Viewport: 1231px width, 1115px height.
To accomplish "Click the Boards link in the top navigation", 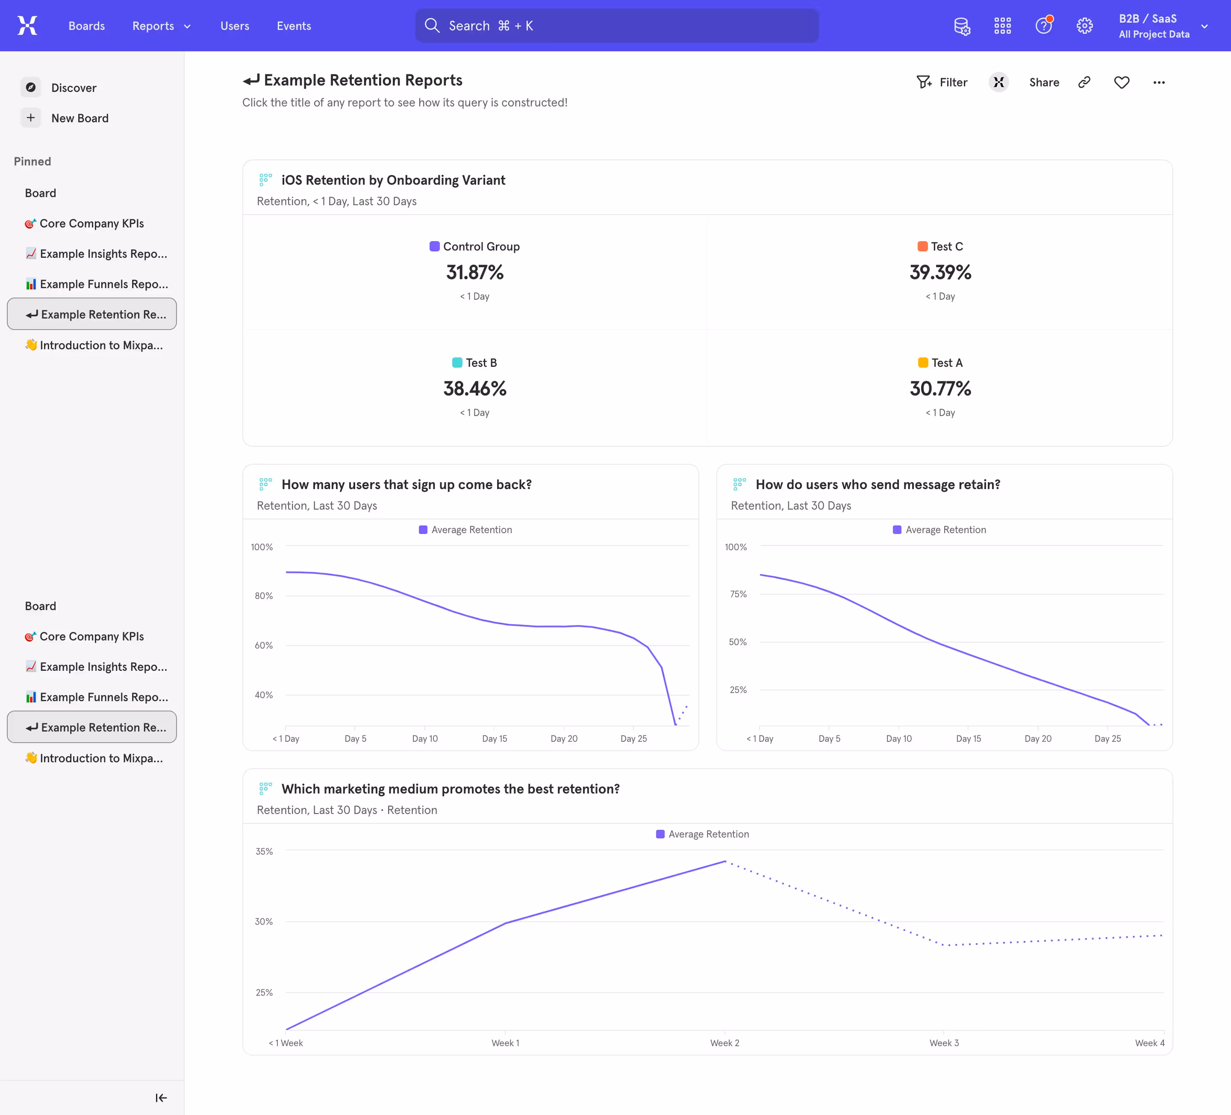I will pyautogui.click(x=86, y=26).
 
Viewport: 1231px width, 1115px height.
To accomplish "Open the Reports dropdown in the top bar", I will pyautogui.click(x=161, y=26).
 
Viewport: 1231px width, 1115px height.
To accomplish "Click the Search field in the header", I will pyautogui.click(x=617, y=26).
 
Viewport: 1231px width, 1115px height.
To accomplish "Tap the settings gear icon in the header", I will pyautogui.click(x=1084, y=26).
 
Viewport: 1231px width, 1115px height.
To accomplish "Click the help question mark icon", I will pyautogui.click(x=1043, y=26).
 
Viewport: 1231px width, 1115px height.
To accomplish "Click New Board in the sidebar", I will pyautogui.click(x=80, y=118).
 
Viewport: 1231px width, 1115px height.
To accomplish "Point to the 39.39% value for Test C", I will pyautogui.click(x=940, y=272).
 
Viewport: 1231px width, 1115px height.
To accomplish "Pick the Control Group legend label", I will pyautogui.click(x=480, y=247).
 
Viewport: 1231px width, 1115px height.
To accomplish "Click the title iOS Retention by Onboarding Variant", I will pyautogui.click(x=393, y=180).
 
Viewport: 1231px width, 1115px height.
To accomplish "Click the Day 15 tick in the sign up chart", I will pyautogui.click(x=494, y=739).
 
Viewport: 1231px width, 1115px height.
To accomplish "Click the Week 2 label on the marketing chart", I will pyautogui.click(x=724, y=1043).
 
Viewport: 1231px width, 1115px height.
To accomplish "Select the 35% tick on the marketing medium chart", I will pyautogui.click(x=264, y=851).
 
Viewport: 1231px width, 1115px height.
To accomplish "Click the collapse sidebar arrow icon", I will pyautogui.click(x=161, y=1098).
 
